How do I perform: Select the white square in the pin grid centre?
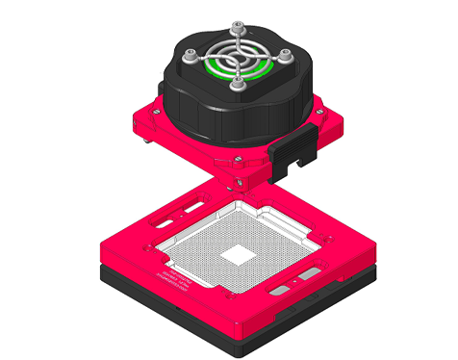pyautogui.click(x=235, y=254)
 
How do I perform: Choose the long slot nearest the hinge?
pyautogui.click(x=193, y=207)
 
